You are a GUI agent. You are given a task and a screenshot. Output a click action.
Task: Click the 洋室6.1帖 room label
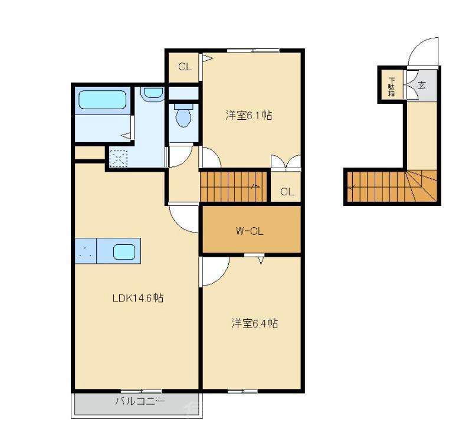tap(248, 116)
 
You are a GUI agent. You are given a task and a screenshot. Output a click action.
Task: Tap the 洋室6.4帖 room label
tap(254, 323)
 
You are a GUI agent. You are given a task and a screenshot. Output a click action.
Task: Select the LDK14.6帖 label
tap(137, 298)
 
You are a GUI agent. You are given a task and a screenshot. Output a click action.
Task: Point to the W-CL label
tap(250, 231)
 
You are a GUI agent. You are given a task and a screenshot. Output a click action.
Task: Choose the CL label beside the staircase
tap(287, 191)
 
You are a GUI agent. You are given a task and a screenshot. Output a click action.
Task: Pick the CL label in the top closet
tap(185, 67)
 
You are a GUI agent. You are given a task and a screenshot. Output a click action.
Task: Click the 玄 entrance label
tap(422, 84)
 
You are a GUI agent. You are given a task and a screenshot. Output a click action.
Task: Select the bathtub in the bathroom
tap(103, 100)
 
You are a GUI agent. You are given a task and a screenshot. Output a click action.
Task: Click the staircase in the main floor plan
tap(234, 186)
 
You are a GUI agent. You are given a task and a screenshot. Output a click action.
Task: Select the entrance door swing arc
tap(423, 51)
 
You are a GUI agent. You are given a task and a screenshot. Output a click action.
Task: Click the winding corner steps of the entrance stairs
tap(423, 186)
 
